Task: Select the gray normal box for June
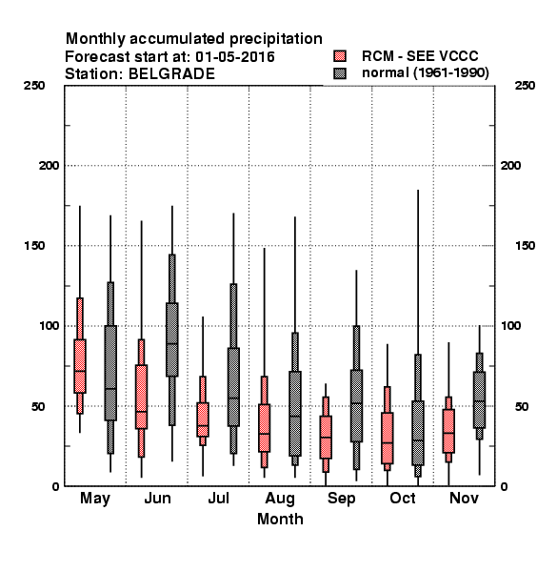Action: [x=172, y=339]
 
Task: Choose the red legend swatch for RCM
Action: [x=340, y=56]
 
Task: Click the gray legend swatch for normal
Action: [x=340, y=73]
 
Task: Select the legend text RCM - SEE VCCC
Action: [x=420, y=56]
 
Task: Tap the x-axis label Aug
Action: [x=280, y=499]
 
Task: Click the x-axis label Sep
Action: [x=341, y=499]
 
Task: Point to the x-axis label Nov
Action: [x=464, y=498]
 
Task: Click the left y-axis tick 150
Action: [x=34, y=246]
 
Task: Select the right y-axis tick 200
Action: [x=510, y=165]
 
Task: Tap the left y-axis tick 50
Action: [x=38, y=406]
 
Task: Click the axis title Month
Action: [x=280, y=519]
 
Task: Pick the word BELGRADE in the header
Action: [x=171, y=73]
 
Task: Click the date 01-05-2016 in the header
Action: [x=235, y=56]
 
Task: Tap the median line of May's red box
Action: [x=80, y=371]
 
